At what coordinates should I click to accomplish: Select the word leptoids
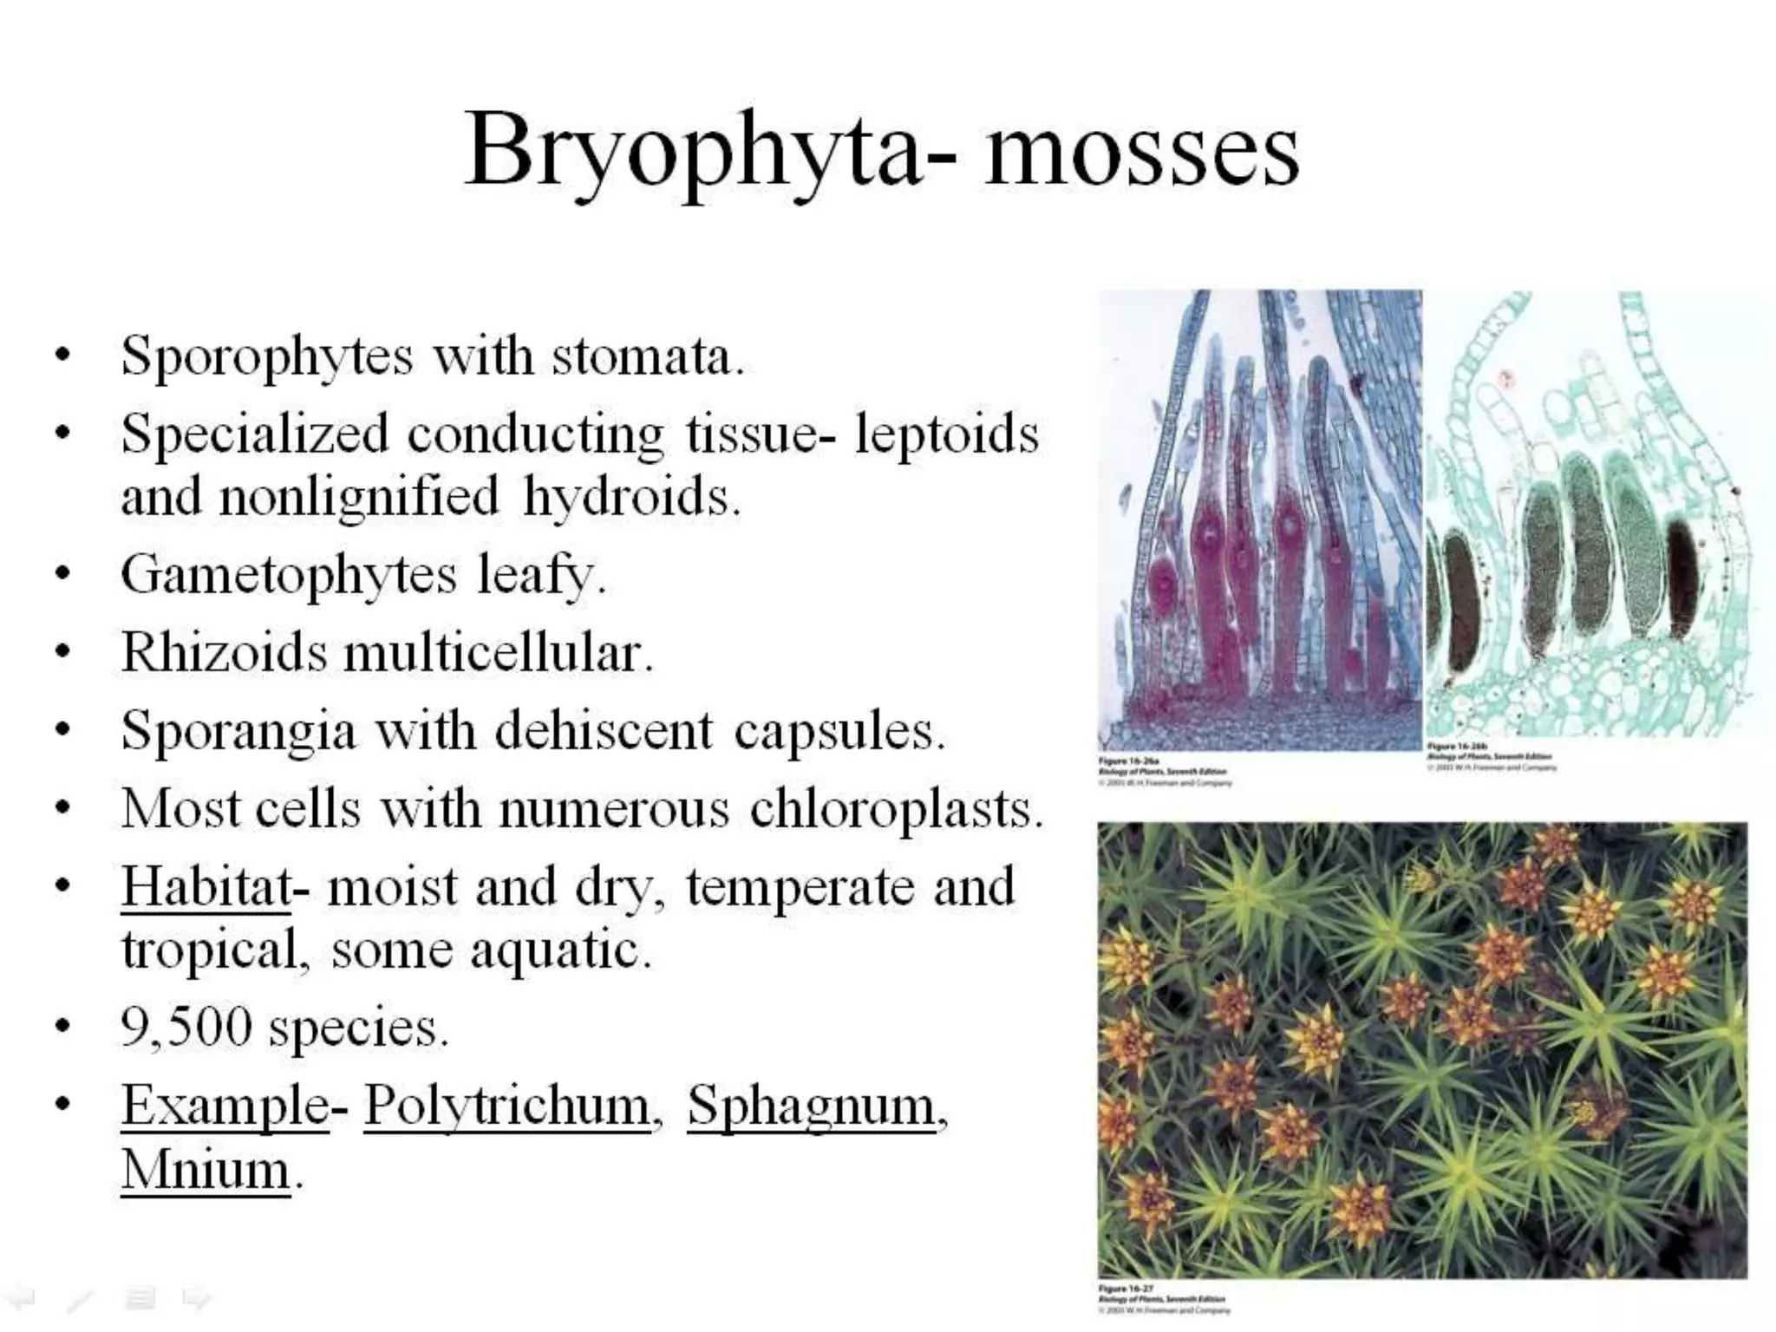pos(946,433)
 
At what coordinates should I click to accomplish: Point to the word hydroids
pos(630,497)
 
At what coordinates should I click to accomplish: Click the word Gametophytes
pos(288,575)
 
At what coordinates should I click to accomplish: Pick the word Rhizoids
pos(224,651)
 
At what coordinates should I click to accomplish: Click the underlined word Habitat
pos(206,886)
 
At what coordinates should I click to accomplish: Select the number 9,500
pos(186,1028)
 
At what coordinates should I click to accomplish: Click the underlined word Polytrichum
pos(507,1106)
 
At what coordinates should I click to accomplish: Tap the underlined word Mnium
pos(206,1170)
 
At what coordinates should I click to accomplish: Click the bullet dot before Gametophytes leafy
pos(62,575)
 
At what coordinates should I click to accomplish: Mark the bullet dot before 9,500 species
pos(62,1028)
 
